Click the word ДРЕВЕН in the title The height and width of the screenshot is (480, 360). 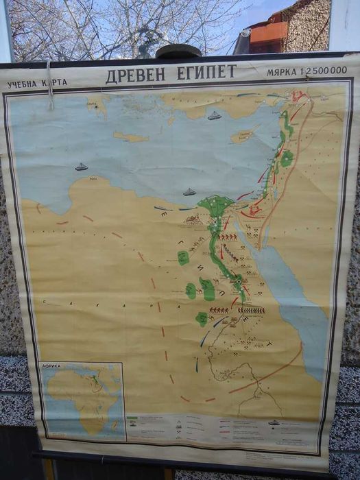tap(134, 75)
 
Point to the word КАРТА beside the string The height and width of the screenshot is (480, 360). tap(56, 83)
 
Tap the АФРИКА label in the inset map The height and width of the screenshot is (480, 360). tap(52, 366)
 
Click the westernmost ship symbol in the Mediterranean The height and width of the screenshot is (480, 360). tap(82, 167)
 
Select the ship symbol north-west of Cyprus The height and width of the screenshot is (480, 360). tap(214, 115)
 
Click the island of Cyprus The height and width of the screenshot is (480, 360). tap(243, 135)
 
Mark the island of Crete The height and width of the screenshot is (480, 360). tap(130, 137)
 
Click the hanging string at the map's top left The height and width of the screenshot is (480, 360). tap(49, 86)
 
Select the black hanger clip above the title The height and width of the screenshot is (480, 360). tap(178, 52)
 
